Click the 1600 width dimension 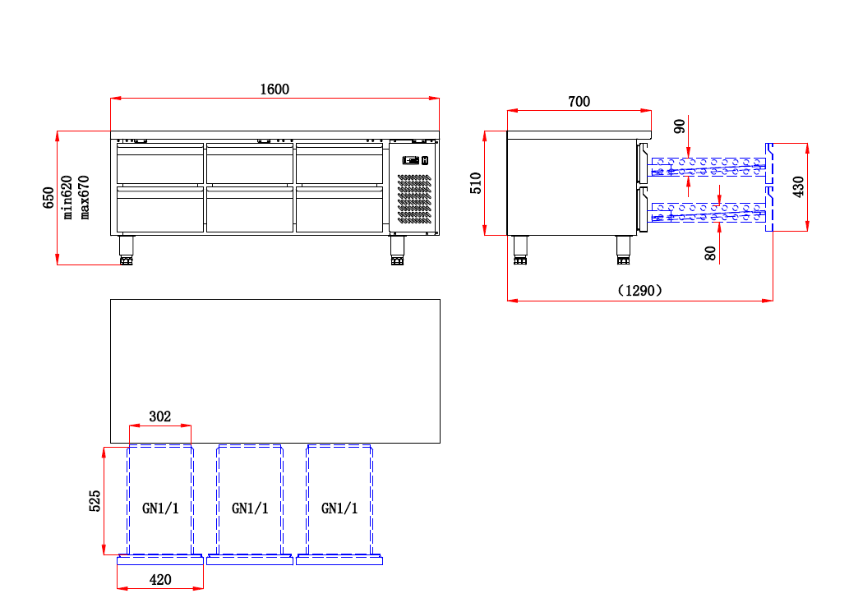(x=275, y=90)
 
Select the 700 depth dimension (x=579, y=102)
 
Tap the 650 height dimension (x=48, y=197)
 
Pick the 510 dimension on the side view (x=476, y=182)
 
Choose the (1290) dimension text (x=639, y=290)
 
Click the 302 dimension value (x=160, y=416)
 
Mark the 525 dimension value (x=95, y=500)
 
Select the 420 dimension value (x=160, y=580)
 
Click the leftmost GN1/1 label (x=160, y=508)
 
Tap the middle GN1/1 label (x=250, y=508)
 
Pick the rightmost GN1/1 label (x=339, y=508)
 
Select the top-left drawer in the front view (x=160, y=164)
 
